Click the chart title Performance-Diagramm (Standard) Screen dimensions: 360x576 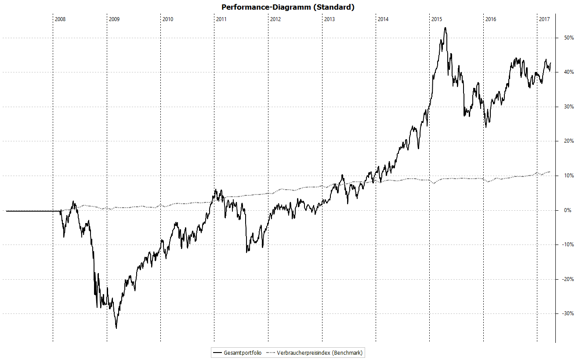[x=288, y=7]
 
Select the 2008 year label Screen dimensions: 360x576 [x=60, y=19]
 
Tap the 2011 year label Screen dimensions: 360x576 [x=221, y=19]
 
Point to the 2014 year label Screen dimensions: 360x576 [x=383, y=19]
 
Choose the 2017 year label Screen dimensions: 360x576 [x=544, y=19]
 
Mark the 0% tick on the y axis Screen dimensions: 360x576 [x=567, y=211]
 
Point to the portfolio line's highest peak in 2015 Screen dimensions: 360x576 [x=445, y=28]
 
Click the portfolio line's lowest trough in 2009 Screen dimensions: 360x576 [x=116, y=328]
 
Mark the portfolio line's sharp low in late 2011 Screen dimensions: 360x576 [x=247, y=252]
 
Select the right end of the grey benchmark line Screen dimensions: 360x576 [x=550, y=172]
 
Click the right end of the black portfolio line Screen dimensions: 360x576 [x=551, y=62]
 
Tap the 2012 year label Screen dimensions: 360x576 [x=275, y=19]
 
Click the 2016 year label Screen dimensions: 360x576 [x=491, y=19]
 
